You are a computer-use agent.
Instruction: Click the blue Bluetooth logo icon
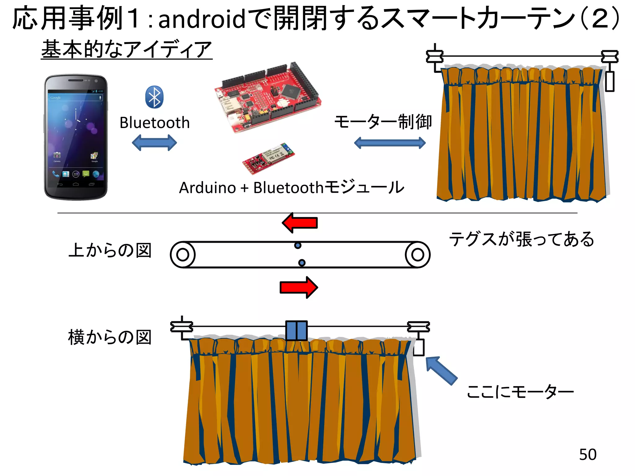pyautogui.click(x=154, y=97)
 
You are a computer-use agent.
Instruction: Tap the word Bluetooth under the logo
pyautogui.click(x=154, y=123)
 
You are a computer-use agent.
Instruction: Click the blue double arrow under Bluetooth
pyautogui.click(x=154, y=143)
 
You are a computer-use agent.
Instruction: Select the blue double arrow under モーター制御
pyautogui.click(x=390, y=143)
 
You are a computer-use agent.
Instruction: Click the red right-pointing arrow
pyautogui.click(x=299, y=287)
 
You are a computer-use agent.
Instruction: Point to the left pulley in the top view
pyautogui.click(x=183, y=254)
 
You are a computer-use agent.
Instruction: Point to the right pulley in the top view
pyautogui.click(x=417, y=254)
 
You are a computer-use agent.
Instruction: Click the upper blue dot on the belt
pyautogui.click(x=298, y=245)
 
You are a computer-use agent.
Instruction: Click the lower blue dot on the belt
pyautogui.click(x=302, y=263)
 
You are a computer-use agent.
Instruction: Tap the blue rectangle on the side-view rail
pyautogui.click(x=296, y=331)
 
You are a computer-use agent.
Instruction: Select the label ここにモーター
pyautogui.click(x=520, y=392)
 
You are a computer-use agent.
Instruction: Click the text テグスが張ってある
pyautogui.click(x=522, y=239)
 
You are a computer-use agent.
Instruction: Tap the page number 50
pyautogui.click(x=588, y=455)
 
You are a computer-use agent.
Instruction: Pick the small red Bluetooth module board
pyautogui.click(x=268, y=158)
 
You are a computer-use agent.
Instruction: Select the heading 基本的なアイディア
pyautogui.click(x=127, y=49)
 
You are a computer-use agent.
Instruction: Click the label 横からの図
pyautogui.click(x=110, y=337)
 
